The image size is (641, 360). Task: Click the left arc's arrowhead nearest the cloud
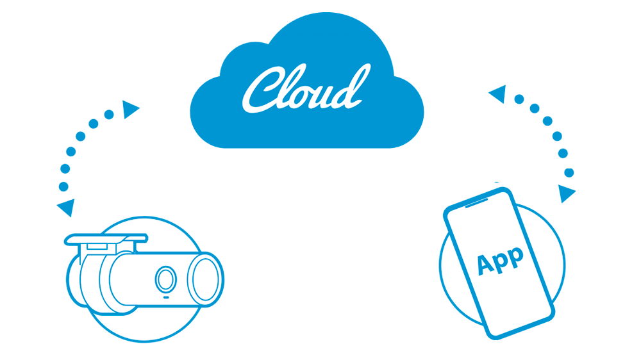pyautogui.click(x=131, y=110)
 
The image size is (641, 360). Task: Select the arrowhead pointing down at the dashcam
pyautogui.click(x=65, y=207)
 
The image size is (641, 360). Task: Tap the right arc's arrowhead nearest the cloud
pyautogui.click(x=497, y=95)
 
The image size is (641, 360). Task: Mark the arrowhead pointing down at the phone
pyautogui.click(x=566, y=193)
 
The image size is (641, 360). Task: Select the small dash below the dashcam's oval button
pyautogui.click(x=165, y=298)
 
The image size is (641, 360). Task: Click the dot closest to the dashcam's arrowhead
pyautogui.click(x=63, y=186)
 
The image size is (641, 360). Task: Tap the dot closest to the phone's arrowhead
pyautogui.click(x=569, y=172)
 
